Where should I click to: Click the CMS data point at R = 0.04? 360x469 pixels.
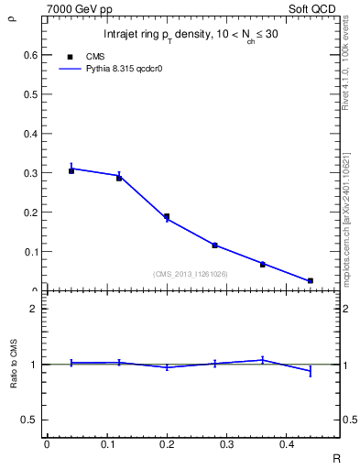pos(71,170)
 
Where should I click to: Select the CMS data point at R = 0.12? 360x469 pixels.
pos(119,178)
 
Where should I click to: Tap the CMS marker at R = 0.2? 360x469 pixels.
pos(167,217)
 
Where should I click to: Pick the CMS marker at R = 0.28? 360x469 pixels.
pos(214,245)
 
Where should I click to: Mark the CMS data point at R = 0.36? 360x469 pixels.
pos(262,264)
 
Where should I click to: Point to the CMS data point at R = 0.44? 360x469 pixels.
pos(310,280)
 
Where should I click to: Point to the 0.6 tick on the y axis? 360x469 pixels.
pos(30,55)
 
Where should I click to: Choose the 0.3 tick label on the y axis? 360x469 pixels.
pos(30,173)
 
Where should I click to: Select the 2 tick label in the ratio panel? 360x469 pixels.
pos(34,309)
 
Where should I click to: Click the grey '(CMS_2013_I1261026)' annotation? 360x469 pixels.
pos(191,274)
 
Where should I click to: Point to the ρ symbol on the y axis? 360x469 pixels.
pos(12,15)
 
